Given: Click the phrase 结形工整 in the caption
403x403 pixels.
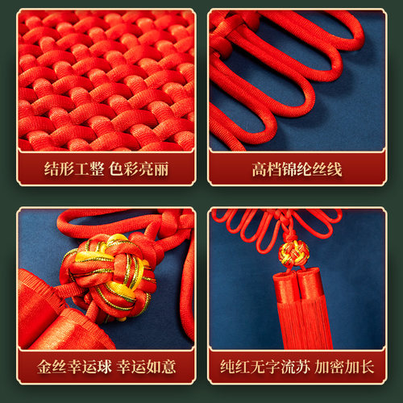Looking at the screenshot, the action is pos(74,169).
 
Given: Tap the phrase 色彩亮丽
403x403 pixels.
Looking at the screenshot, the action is pos(139,169).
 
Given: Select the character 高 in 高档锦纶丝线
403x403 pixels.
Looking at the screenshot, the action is pos(260,169).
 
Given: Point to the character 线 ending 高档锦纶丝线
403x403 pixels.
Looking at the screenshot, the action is pos(334,169).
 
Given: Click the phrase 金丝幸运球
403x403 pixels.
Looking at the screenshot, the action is pos(74,367).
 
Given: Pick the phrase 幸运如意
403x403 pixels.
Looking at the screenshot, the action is pos(147,367).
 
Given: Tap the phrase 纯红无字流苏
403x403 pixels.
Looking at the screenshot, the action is pos(265,367).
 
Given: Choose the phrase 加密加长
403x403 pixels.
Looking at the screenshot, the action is pos(344,367).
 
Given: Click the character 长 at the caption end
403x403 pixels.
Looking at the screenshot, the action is pos(367,367).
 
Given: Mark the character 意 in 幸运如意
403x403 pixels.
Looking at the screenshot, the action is pos(168,367).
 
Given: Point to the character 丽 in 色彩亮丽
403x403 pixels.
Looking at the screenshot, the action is pos(161,169).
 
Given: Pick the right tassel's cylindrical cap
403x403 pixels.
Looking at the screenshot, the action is pos(310,284).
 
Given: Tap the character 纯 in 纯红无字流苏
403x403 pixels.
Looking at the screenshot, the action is pos(228,367).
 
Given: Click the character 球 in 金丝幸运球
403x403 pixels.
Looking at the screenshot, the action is pos(104,367).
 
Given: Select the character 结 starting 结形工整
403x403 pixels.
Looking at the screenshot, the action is pos(52,169).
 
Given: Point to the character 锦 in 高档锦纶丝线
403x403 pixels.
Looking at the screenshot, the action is pos(289,169).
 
